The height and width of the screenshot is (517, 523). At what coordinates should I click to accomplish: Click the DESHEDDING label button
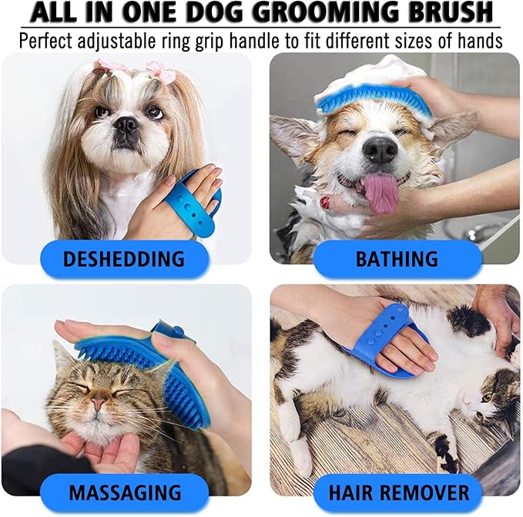click(x=123, y=258)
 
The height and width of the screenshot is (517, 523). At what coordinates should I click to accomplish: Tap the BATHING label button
click(x=397, y=258)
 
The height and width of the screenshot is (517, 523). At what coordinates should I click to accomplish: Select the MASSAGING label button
click(x=125, y=491)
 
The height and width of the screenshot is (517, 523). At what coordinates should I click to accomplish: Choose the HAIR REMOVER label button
click(x=397, y=491)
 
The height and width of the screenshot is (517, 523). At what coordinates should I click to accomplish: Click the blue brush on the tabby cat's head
click(x=154, y=370)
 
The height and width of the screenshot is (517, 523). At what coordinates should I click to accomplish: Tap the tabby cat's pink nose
click(x=99, y=405)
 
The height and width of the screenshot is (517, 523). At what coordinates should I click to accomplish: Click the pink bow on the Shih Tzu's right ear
click(x=161, y=72)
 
